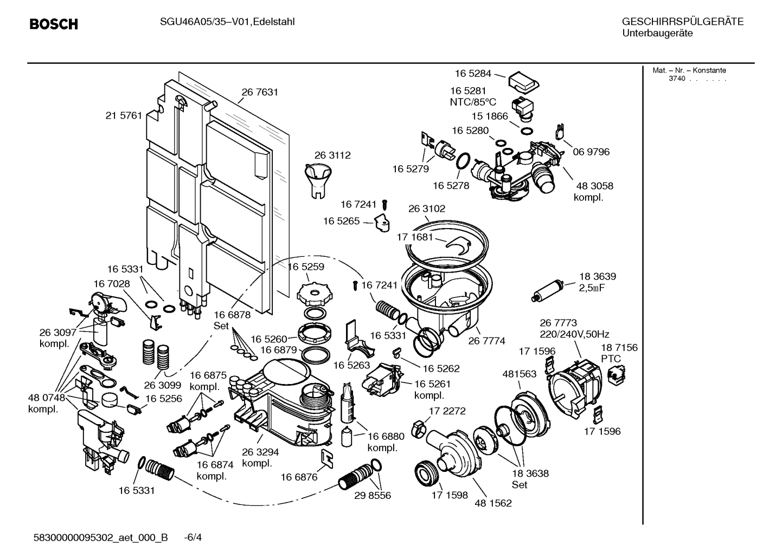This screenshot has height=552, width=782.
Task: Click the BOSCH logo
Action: (x=53, y=24)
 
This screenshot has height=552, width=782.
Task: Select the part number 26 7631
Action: (x=260, y=92)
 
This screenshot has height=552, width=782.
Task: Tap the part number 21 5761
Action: (x=124, y=115)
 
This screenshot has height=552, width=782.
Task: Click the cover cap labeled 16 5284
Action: (x=524, y=81)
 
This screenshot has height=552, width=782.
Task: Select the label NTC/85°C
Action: (x=472, y=102)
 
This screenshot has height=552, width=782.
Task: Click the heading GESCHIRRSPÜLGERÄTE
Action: (x=682, y=22)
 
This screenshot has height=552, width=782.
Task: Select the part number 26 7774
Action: (x=486, y=341)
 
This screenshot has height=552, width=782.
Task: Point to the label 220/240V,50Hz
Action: (x=574, y=335)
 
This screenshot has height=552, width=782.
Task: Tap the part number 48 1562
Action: (x=493, y=503)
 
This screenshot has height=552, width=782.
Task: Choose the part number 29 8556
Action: (x=373, y=495)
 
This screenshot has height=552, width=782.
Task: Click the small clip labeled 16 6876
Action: (x=328, y=458)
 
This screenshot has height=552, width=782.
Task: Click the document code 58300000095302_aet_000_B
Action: (x=100, y=537)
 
